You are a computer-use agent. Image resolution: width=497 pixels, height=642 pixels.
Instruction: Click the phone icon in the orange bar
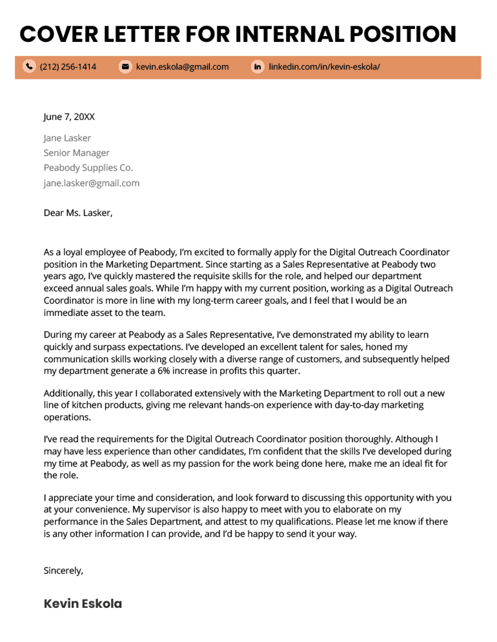[x=29, y=67]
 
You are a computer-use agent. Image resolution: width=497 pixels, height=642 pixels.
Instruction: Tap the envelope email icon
[x=125, y=67]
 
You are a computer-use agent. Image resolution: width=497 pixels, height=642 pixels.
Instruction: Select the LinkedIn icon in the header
[x=258, y=67]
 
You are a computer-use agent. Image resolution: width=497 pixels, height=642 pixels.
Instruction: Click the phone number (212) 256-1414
[x=68, y=67]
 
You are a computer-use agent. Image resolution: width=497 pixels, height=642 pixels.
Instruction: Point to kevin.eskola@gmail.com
[x=182, y=67]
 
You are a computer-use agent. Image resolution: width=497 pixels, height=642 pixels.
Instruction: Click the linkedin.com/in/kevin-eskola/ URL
[x=324, y=67]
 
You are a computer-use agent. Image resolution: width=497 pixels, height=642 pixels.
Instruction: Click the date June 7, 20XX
[x=69, y=117]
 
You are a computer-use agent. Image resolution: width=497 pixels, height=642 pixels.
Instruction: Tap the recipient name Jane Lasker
[x=67, y=138]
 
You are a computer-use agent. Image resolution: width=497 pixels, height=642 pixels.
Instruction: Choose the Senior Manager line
[x=76, y=153]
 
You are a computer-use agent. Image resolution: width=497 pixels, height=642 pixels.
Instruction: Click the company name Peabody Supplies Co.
[x=88, y=168]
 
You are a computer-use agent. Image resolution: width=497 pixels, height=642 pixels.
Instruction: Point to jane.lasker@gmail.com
[x=92, y=183]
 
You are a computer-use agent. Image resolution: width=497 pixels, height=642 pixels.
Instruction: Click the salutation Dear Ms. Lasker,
[x=78, y=213]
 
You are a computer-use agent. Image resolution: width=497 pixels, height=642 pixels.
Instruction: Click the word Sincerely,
[x=63, y=571]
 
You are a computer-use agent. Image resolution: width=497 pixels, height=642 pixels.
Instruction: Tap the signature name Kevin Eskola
[x=83, y=604]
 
